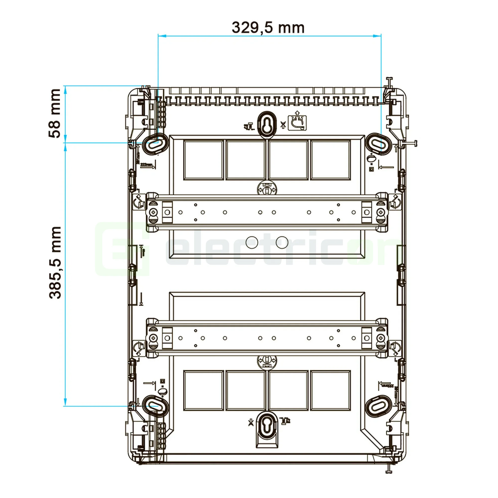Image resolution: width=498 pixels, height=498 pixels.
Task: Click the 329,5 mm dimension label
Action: click(x=268, y=28)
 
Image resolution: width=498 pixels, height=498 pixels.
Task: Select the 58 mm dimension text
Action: click(x=55, y=113)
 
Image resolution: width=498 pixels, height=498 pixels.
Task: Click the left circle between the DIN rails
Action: click(x=252, y=242)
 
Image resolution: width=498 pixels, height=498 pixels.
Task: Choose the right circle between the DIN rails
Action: click(x=282, y=242)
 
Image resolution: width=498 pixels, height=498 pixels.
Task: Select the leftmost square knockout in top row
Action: click(x=203, y=160)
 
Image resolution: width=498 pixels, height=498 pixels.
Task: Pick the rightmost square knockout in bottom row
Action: click(x=330, y=390)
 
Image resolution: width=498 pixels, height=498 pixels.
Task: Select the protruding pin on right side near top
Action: click(x=410, y=143)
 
